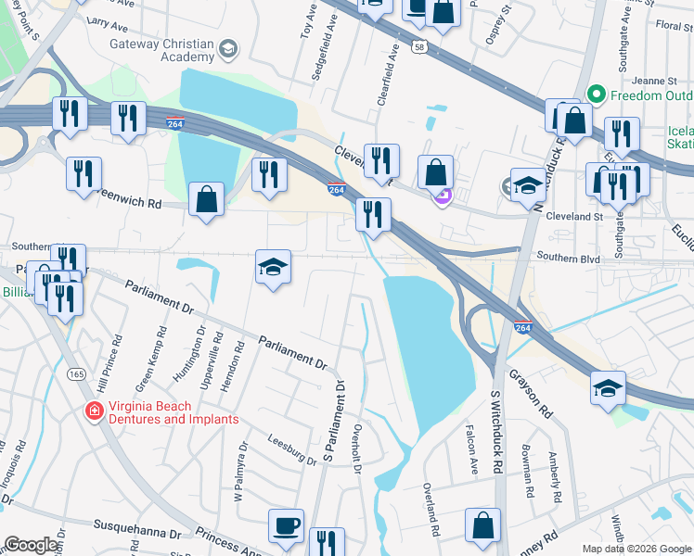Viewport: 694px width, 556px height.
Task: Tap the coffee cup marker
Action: pyautogui.click(x=286, y=526)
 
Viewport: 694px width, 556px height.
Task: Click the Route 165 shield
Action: pyautogui.click(x=77, y=374)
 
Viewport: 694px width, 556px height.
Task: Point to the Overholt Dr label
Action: pyautogui.click(x=357, y=450)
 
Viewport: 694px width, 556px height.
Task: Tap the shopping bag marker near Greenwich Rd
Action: pyautogui.click(x=206, y=198)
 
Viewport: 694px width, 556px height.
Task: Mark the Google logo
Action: pyautogui.click(x=32, y=545)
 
